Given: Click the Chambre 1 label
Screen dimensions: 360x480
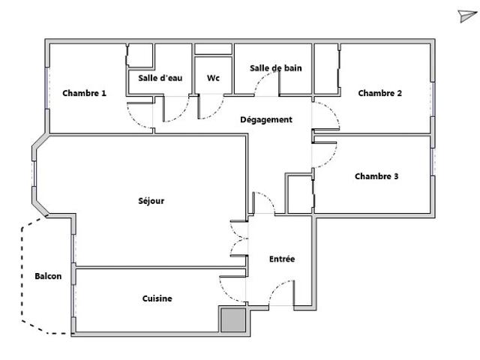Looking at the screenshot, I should click(x=84, y=94).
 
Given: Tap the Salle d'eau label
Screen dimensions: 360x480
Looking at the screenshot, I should click(x=160, y=78).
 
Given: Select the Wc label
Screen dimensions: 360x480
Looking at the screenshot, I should click(x=213, y=78).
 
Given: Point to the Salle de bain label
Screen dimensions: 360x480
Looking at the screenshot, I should click(x=275, y=68).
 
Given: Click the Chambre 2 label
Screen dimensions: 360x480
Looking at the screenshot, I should click(x=380, y=94).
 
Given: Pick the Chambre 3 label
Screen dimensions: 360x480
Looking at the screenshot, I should click(x=376, y=177).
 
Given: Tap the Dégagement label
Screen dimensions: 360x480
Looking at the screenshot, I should click(x=266, y=120).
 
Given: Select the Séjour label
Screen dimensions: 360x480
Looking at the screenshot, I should click(x=151, y=201).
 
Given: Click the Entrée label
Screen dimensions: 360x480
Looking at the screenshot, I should click(x=282, y=259).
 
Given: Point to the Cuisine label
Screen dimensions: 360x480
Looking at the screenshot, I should click(x=157, y=298).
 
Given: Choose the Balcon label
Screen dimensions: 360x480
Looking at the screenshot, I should click(x=48, y=276).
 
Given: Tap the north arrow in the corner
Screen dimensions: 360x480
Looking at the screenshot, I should click(x=466, y=16).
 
